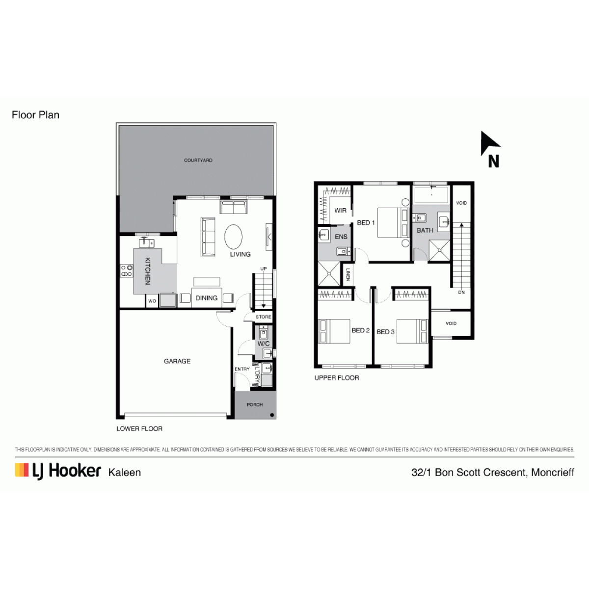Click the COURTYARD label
coord(198,160)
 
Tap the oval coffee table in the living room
coord(234,237)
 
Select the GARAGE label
coord(177,361)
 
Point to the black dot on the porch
coord(272,415)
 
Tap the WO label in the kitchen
coord(152,301)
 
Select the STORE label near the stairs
coord(264,317)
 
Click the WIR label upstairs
coord(340,210)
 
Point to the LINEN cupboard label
coord(348,274)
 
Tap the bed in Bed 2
coord(334,331)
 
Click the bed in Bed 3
coord(412,331)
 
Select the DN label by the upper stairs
coord(461,292)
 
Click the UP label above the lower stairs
coord(264,268)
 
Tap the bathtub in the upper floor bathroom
coord(431,195)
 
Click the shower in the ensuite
coord(329,273)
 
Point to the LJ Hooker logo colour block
coord(22,470)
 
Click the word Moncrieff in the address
coord(553,472)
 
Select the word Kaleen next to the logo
coord(124,473)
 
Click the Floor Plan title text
coord(35,115)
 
